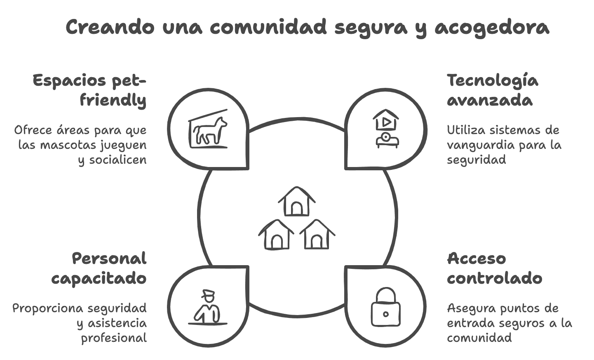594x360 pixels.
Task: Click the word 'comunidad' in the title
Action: tap(268, 27)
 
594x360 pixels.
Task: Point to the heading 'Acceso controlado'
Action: tap(495, 268)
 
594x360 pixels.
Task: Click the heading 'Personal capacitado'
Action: tap(99, 268)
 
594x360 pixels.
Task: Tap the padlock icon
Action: tap(385, 307)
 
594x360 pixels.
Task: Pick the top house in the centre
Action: tap(296, 201)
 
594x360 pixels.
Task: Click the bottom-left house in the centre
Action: tap(276, 234)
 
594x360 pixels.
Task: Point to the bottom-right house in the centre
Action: tap(317, 234)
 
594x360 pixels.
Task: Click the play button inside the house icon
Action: tap(386, 122)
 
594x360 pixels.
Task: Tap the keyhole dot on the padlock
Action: tap(386, 314)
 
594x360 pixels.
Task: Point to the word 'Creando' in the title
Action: tap(110, 27)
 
